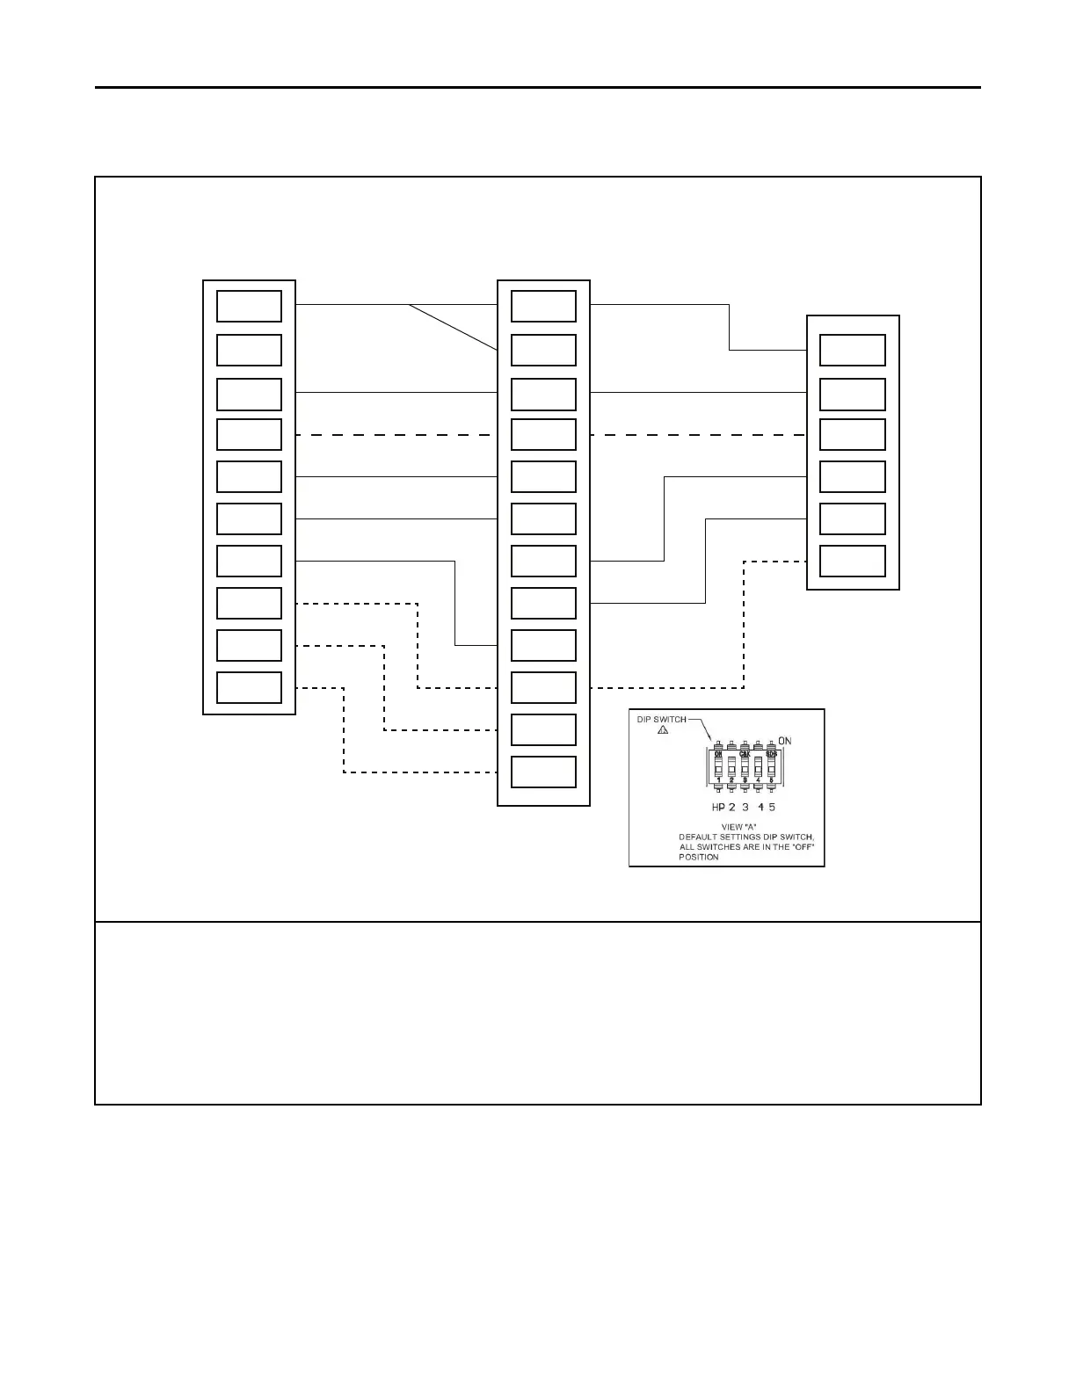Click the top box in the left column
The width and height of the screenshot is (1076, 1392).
(x=249, y=307)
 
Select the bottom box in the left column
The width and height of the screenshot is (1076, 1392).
(x=249, y=687)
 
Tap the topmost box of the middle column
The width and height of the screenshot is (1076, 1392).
(x=543, y=307)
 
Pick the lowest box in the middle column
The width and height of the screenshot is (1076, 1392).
(x=543, y=772)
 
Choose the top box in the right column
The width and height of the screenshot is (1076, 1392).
(x=852, y=350)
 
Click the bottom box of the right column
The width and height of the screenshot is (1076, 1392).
(x=852, y=561)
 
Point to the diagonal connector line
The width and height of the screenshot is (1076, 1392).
(x=453, y=327)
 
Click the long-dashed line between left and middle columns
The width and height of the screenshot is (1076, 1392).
(x=396, y=435)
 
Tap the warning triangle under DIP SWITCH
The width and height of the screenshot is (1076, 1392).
(x=662, y=730)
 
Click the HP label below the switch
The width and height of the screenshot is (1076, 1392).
(x=718, y=808)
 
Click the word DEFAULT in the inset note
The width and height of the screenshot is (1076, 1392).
(x=699, y=837)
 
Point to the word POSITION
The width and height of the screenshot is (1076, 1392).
(x=699, y=857)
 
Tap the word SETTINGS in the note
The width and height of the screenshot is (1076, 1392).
(x=743, y=837)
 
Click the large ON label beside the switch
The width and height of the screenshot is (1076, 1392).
(x=784, y=741)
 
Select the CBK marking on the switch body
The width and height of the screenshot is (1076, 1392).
(x=745, y=754)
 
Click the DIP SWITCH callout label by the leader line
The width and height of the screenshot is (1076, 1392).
(x=661, y=719)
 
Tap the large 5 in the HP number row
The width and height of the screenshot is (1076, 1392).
(x=772, y=808)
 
